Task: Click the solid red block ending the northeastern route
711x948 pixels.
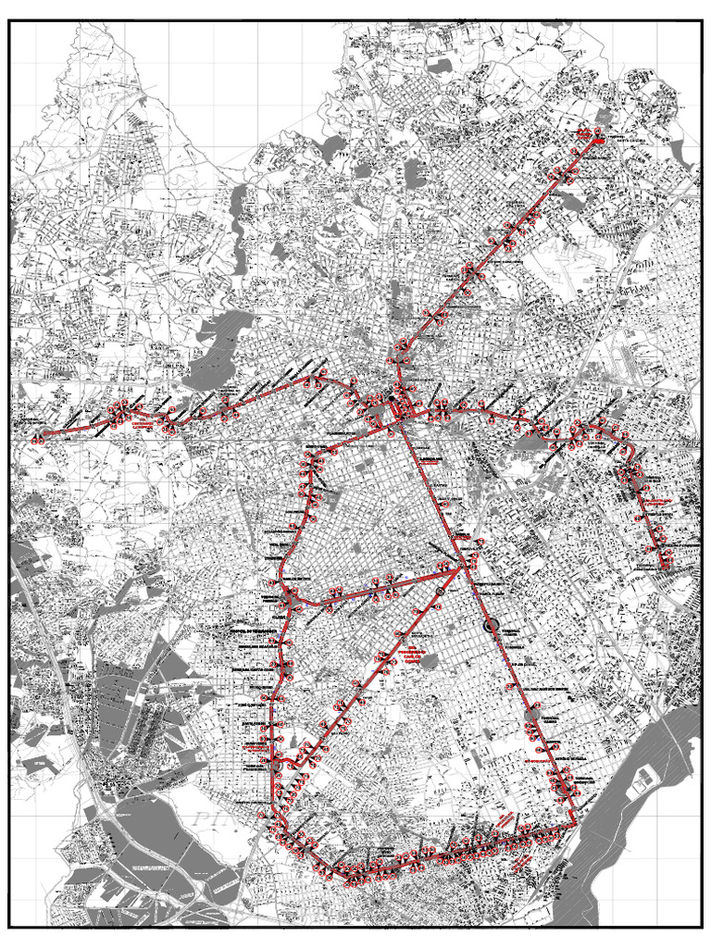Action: pyautogui.click(x=598, y=138)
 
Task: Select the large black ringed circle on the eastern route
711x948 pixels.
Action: pyautogui.click(x=491, y=627)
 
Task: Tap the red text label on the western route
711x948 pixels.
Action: pyautogui.click(x=143, y=426)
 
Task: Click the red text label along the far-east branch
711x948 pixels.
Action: pyautogui.click(x=659, y=505)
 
